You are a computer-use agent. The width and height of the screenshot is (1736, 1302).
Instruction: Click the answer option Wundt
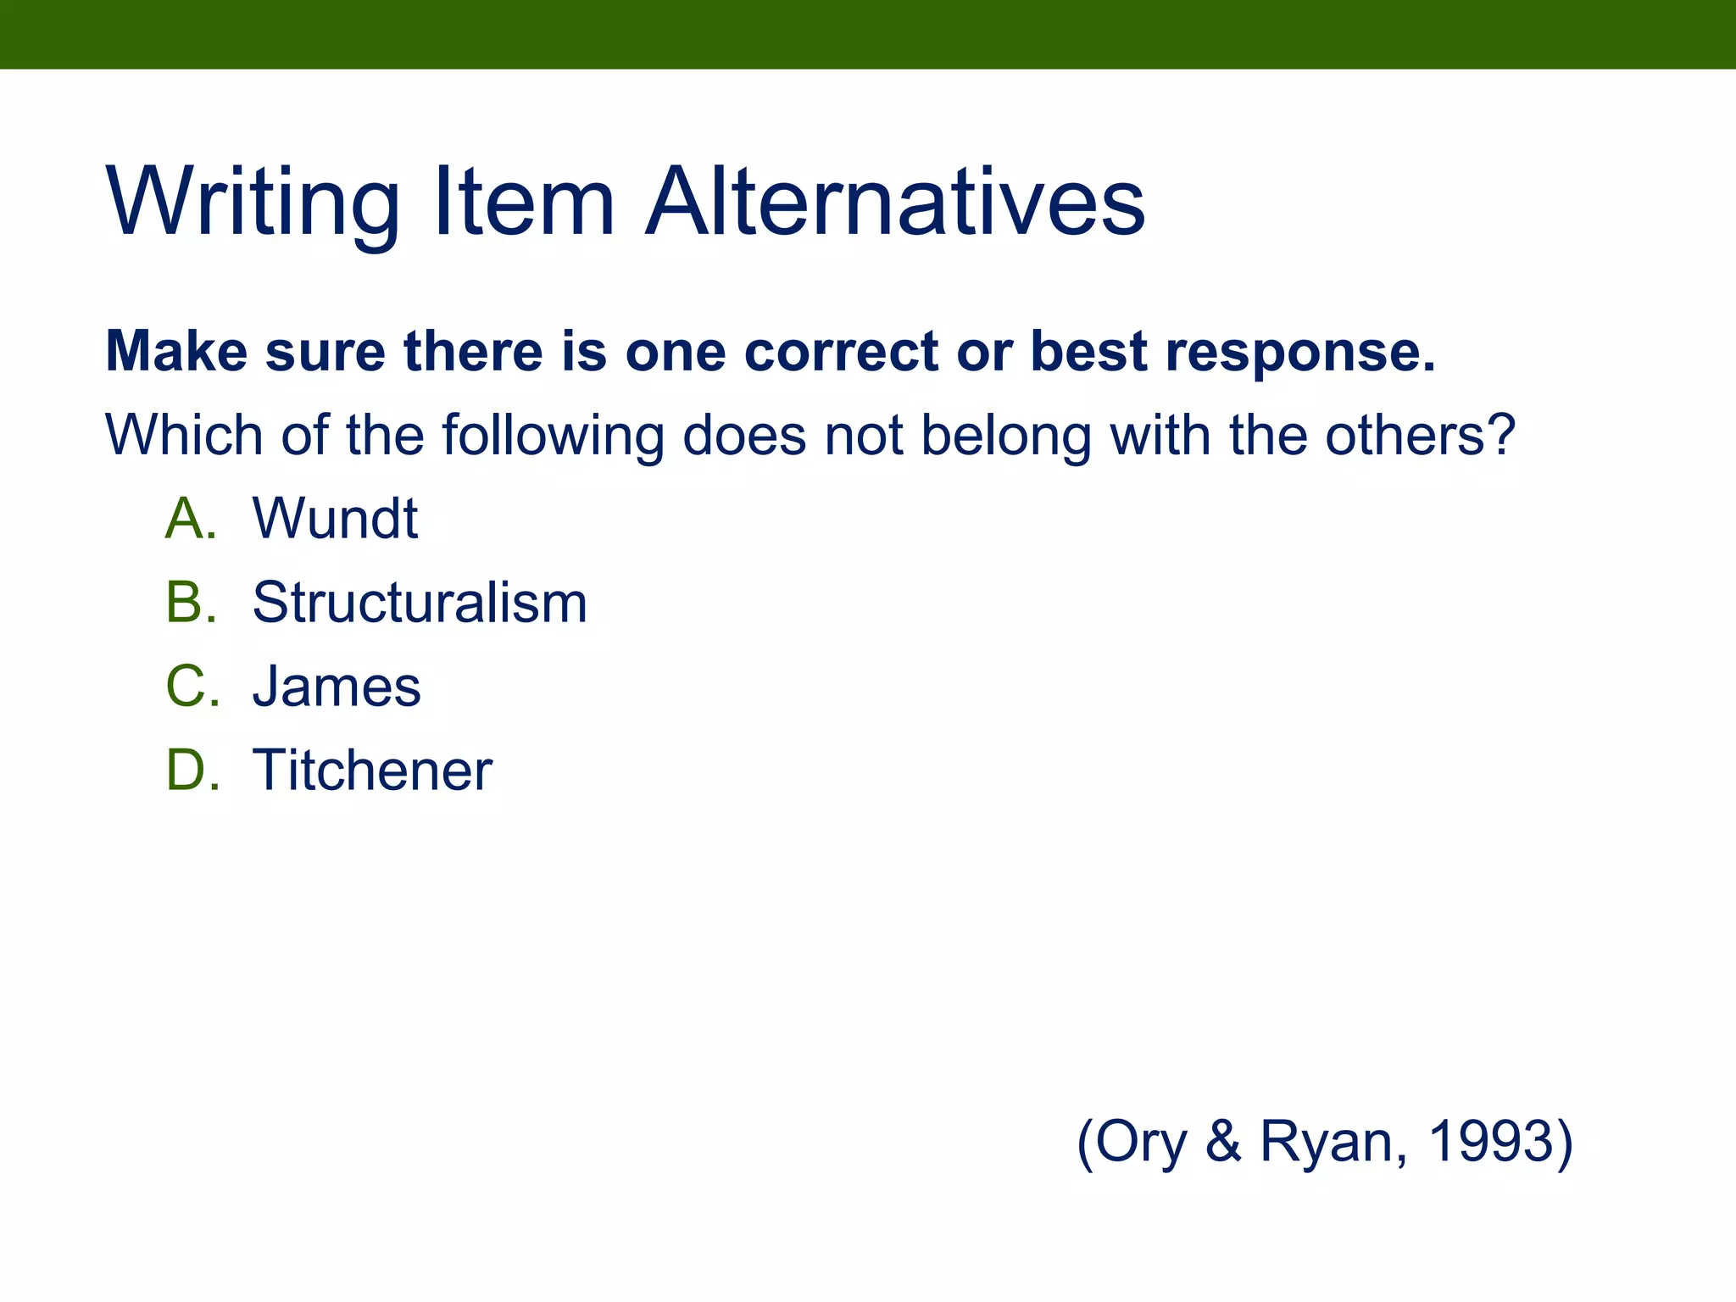pos(335,518)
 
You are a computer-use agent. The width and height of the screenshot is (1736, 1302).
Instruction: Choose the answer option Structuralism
pos(420,603)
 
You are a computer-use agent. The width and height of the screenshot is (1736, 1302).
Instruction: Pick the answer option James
pos(337,687)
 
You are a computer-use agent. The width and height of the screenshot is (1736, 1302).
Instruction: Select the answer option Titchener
pos(372,771)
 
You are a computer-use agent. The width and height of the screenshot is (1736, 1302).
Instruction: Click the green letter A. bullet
pos(191,518)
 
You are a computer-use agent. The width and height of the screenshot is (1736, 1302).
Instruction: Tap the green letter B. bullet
pos(191,603)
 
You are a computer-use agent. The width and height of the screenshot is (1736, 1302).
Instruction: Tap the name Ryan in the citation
pos(1333,1141)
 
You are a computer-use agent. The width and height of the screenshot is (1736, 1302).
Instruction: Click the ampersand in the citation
pos(1223,1141)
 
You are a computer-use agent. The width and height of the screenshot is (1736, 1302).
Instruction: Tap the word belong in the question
pos(1006,435)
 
